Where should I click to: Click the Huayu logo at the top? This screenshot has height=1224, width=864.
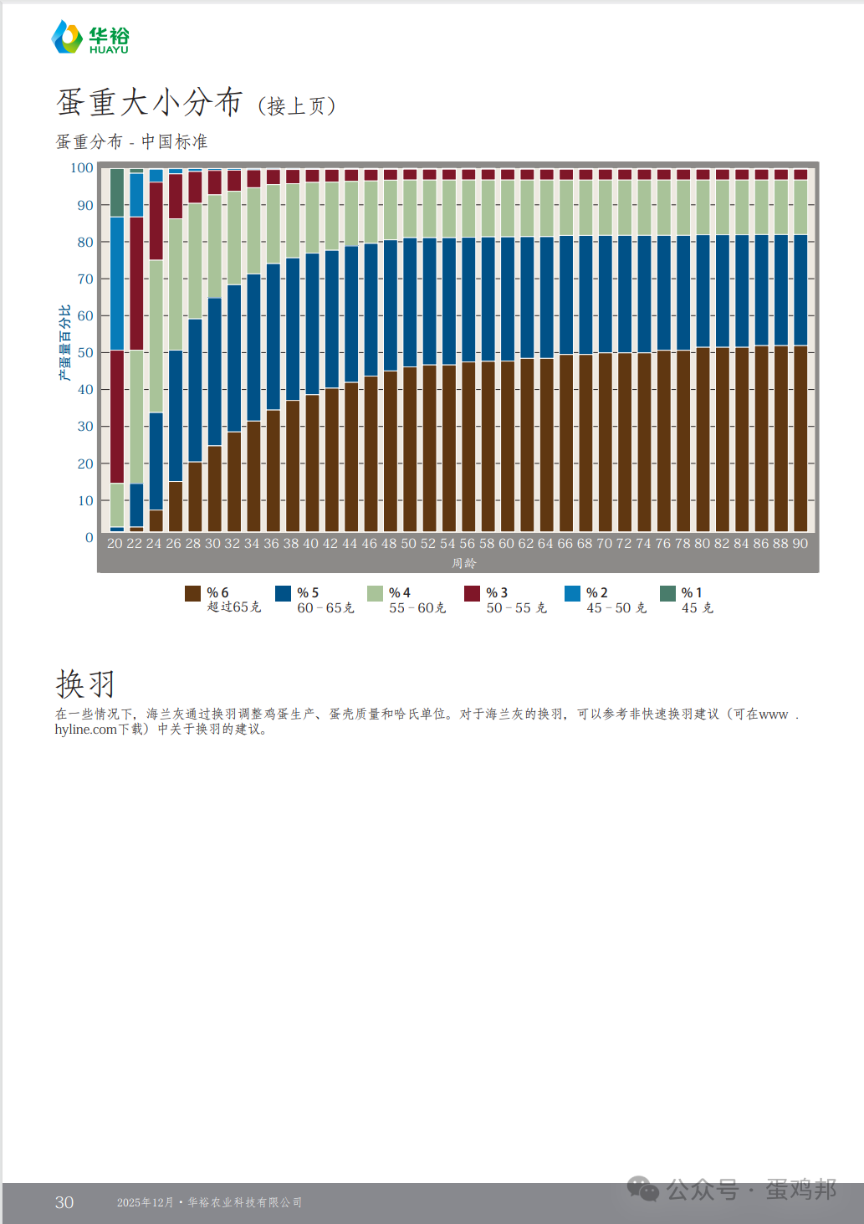(x=90, y=38)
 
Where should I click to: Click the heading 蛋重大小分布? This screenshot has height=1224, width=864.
(x=149, y=103)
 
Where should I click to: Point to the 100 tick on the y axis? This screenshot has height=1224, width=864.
(x=82, y=168)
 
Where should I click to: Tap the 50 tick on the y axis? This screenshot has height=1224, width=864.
(x=85, y=353)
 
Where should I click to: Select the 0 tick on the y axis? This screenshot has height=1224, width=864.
(x=89, y=538)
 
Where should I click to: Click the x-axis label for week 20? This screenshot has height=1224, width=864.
(x=115, y=544)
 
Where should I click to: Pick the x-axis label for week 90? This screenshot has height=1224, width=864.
(x=800, y=544)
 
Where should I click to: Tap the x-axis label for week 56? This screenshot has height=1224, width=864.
(x=467, y=544)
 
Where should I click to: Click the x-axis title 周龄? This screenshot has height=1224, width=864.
(x=463, y=563)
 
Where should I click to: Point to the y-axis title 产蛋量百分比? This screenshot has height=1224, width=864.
(x=64, y=343)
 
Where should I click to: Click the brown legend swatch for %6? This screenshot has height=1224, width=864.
(x=192, y=593)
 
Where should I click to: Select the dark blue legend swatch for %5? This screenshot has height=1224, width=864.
(x=283, y=593)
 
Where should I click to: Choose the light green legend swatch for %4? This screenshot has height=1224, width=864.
(x=375, y=593)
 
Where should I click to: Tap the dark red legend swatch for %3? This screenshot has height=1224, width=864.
(x=472, y=593)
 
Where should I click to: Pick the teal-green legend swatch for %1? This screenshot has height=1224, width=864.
(x=667, y=593)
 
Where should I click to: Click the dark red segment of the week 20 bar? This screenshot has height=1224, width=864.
(x=117, y=417)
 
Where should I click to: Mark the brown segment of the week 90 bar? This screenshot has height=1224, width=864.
(x=800, y=439)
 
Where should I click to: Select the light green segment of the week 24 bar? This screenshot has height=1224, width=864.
(x=156, y=336)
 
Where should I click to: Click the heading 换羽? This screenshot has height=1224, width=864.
(x=84, y=684)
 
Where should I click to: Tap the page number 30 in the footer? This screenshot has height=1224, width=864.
(x=64, y=1202)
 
